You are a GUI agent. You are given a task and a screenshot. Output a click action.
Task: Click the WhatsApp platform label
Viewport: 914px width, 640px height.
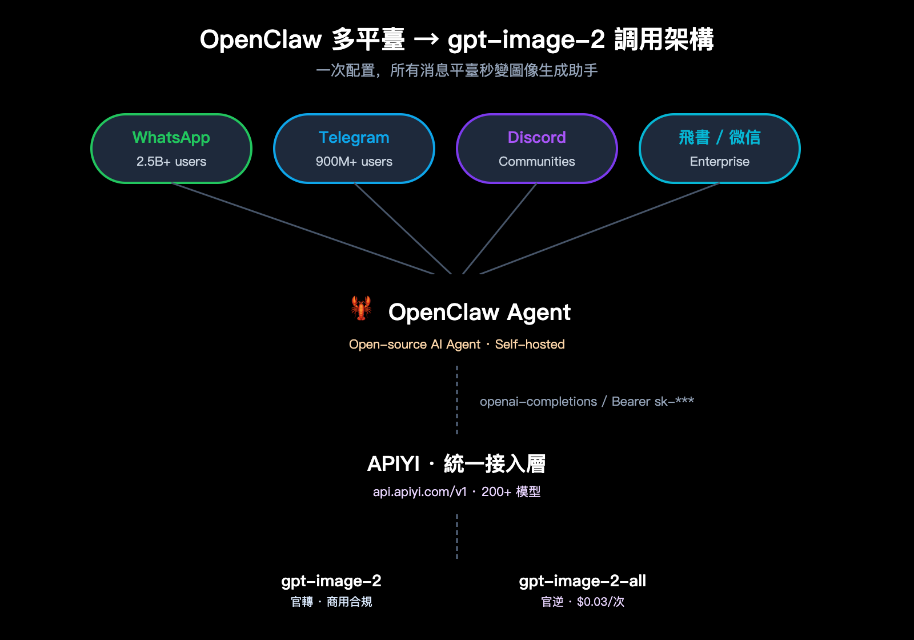pyautogui.click(x=171, y=138)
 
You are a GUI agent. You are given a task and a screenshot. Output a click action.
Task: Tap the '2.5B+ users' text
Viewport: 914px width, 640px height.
pyautogui.click(x=171, y=162)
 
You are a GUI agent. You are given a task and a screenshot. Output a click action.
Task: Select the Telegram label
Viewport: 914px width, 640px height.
pyautogui.click(x=354, y=138)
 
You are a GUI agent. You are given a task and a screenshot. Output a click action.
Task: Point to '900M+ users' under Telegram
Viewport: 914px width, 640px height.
pyautogui.click(x=354, y=162)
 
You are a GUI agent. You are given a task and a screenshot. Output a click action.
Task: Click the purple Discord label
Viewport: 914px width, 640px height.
pyautogui.click(x=537, y=138)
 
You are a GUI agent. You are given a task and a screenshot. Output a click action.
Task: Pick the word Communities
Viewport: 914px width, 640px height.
pyautogui.click(x=537, y=162)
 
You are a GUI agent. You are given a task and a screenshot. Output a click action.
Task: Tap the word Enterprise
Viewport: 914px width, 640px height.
pyautogui.click(x=720, y=162)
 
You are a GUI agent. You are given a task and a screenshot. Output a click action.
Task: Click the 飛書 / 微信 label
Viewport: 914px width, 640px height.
pyautogui.click(x=720, y=138)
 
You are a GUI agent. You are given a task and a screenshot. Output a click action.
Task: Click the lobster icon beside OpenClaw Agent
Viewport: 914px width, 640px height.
pyautogui.click(x=361, y=308)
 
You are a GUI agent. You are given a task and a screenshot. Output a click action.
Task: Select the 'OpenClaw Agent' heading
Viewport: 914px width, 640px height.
pyautogui.click(x=479, y=313)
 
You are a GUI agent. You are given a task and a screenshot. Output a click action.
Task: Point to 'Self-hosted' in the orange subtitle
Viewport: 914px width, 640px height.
pyautogui.click(x=530, y=345)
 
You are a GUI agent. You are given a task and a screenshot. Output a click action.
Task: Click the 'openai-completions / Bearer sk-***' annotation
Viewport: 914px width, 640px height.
pyautogui.click(x=587, y=402)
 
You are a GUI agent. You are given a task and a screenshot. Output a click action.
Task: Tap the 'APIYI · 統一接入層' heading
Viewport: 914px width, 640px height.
pyautogui.click(x=456, y=463)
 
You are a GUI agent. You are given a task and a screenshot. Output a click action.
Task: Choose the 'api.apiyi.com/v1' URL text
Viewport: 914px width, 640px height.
pyautogui.click(x=420, y=492)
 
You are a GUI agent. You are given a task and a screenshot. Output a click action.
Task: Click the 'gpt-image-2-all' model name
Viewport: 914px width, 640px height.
pyautogui.click(x=582, y=581)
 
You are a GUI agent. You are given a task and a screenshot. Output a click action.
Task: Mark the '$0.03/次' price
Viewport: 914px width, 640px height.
pyautogui.click(x=600, y=602)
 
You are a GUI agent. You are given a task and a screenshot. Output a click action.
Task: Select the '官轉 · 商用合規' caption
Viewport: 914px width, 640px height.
pyautogui.click(x=331, y=602)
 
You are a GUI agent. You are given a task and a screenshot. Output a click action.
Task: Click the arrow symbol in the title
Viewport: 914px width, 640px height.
pyautogui.click(x=426, y=39)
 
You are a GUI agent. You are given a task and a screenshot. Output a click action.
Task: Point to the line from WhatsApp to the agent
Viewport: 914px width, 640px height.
pyautogui.click(x=303, y=229)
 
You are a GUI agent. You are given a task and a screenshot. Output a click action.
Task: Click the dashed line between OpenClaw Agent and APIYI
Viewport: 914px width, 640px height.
pyautogui.click(x=457, y=400)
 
